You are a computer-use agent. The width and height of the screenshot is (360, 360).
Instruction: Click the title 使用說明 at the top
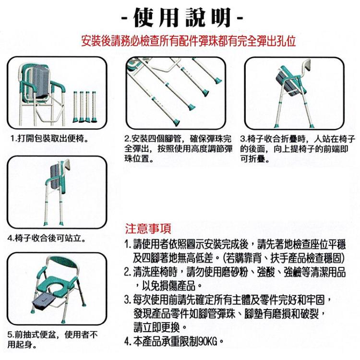pos(182,17)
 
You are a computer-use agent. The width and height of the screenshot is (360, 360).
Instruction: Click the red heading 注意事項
pos(148,228)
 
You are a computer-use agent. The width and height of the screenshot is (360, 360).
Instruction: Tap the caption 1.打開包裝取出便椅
pos(49,139)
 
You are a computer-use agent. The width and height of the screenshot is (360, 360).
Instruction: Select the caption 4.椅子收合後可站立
pos(47,238)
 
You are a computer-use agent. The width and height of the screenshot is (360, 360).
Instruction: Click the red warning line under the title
pos(188,41)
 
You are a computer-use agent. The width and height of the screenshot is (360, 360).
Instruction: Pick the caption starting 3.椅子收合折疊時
pos(298,149)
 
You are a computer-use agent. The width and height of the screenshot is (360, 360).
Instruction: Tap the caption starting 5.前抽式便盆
pos(52,339)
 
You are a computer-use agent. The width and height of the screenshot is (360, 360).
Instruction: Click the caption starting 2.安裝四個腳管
pos(178,149)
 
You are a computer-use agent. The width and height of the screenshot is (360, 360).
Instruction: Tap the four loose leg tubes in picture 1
pos(84,107)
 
